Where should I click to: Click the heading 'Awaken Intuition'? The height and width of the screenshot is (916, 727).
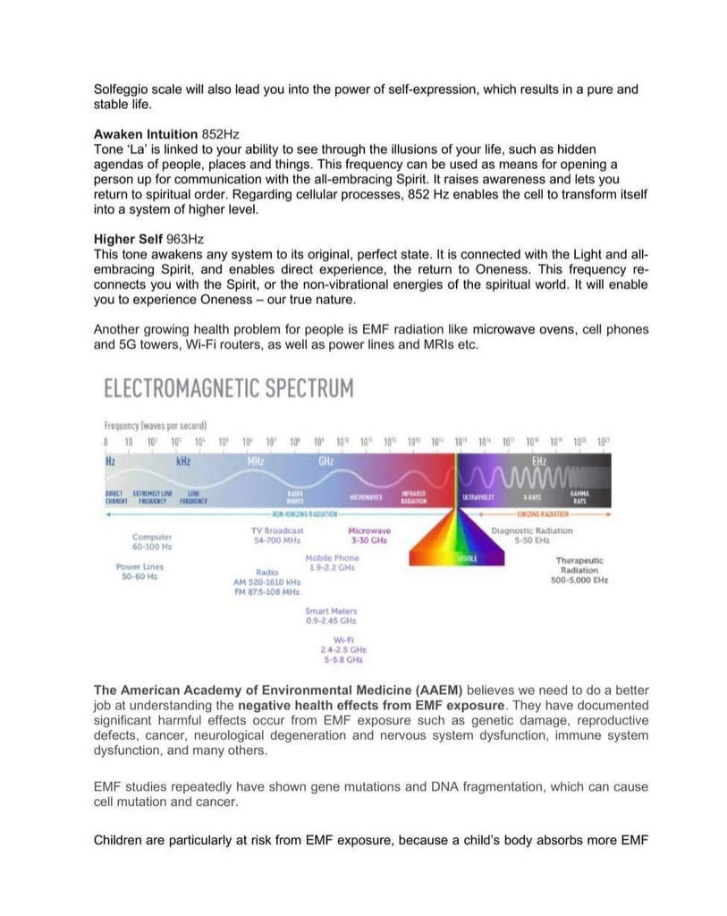tap(146, 134)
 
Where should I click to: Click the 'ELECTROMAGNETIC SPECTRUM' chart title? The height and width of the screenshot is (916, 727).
tap(229, 388)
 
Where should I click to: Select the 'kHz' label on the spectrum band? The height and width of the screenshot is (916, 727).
tap(183, 462)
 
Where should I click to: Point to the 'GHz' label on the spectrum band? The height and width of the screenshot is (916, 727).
tap(325, 462)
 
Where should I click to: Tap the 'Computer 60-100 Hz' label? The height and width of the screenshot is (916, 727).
tap(152, 541)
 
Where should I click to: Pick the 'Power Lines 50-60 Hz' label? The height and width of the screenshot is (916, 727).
tap(139, 572)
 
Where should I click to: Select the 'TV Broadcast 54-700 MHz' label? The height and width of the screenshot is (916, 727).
tap(277, 535)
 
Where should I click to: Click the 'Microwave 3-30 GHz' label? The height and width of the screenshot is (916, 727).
tap(368, 535)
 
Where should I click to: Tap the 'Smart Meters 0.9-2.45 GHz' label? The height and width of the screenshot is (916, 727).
tap(331, 615)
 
